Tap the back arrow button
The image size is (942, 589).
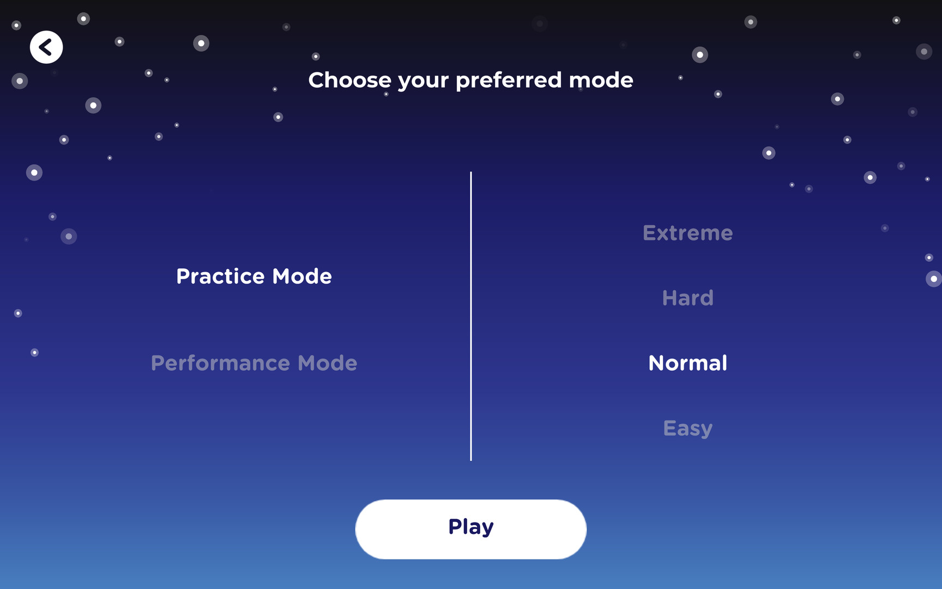click(46, 47)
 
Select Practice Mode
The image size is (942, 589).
click(254, 277)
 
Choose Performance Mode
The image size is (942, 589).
click(254, 363)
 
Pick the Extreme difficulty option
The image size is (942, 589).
click(688, 233)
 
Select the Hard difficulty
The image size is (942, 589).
click(688, 298)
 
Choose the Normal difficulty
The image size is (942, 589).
click(688, 363)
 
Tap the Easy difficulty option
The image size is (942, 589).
click(688, 429)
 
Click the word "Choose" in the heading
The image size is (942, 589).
click(350, 80)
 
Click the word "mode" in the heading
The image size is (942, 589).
click(601, 80)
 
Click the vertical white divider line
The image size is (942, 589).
click(471, 316)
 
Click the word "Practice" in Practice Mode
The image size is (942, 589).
click(221, 277)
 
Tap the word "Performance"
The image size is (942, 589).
click(220, 363)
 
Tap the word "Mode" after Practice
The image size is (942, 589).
click(302, 277)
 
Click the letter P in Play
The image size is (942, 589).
click(455, 527)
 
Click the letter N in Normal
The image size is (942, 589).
click(656, 363)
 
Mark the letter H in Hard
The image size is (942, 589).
click(670, 298)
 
